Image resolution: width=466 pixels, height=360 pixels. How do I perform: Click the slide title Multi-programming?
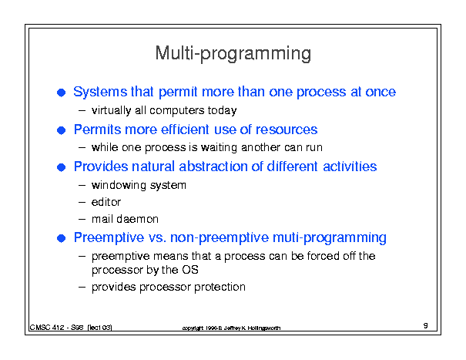(x=233, y=53)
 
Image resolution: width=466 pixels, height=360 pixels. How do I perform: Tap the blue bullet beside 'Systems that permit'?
(x=61, y=93)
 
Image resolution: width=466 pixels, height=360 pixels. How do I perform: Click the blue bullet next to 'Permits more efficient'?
(x=61, y=130)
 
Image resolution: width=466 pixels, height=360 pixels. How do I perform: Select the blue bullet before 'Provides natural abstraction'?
(x=61, y=167)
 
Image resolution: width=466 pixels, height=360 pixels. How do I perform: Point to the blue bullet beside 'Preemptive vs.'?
(x=61, y=238)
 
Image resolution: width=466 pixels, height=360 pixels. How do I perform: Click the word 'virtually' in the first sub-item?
(x=112, y=111)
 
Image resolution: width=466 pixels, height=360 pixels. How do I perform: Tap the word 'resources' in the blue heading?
(x=287, y=130)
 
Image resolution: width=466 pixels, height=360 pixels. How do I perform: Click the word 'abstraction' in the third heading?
(x=213, y=167)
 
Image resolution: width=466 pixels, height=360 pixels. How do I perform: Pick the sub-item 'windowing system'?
(x=139, y=185)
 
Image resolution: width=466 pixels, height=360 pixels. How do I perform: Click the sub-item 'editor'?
(x=106, y=202)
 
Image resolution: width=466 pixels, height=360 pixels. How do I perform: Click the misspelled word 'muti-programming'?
(x=330, y=238)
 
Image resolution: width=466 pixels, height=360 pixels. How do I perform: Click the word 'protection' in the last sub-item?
(x=220, y=287)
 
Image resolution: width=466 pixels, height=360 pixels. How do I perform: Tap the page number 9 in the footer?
(x=426, y=325)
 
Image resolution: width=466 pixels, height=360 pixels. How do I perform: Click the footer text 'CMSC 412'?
(x=47, y=328)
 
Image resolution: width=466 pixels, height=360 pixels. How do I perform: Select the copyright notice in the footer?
(x=231, y=328)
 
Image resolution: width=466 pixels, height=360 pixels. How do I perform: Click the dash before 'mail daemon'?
(x=82, y=220)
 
